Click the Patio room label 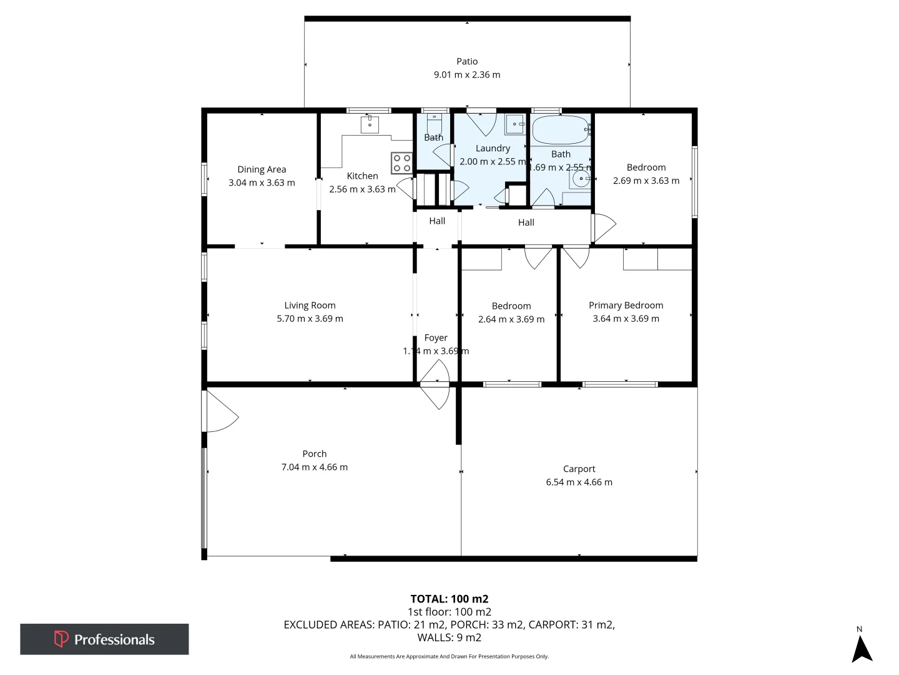pyautogui.click(x=467, y=61)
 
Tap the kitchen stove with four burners pyautogui.click(x=401, y=163)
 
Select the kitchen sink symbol pyautogui.click(x=370, y=124)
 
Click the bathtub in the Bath pyautogui.click(x=560, y=130)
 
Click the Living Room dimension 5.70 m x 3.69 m pyautogui.click(x=310, y=319)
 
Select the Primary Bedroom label pyautogui.click(x=626, y=305)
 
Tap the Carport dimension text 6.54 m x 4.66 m pyautogui.click(x=579, y=482)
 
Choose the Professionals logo pyautogui.click(x=104, y=639)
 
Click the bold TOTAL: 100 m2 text pyautogui.click(x=449, y=599)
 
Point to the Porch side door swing pyautogui.click(x=221, y=412)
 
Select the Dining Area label pyautogui.click(x=262, y=169)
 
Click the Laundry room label pyautogui.click(x=493, y=148)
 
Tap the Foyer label pyautogui.click(x=436, y=337)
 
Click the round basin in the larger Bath pyautogui.click(x=581, y=179)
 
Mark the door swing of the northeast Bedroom pyautogui.click(x=604, y=227)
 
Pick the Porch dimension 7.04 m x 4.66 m pyautogui.click(x=314, y=467)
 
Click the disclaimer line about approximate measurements pyautogui.click(x=449, y=656)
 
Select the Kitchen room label pyautogui.click(x=362, y=176)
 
